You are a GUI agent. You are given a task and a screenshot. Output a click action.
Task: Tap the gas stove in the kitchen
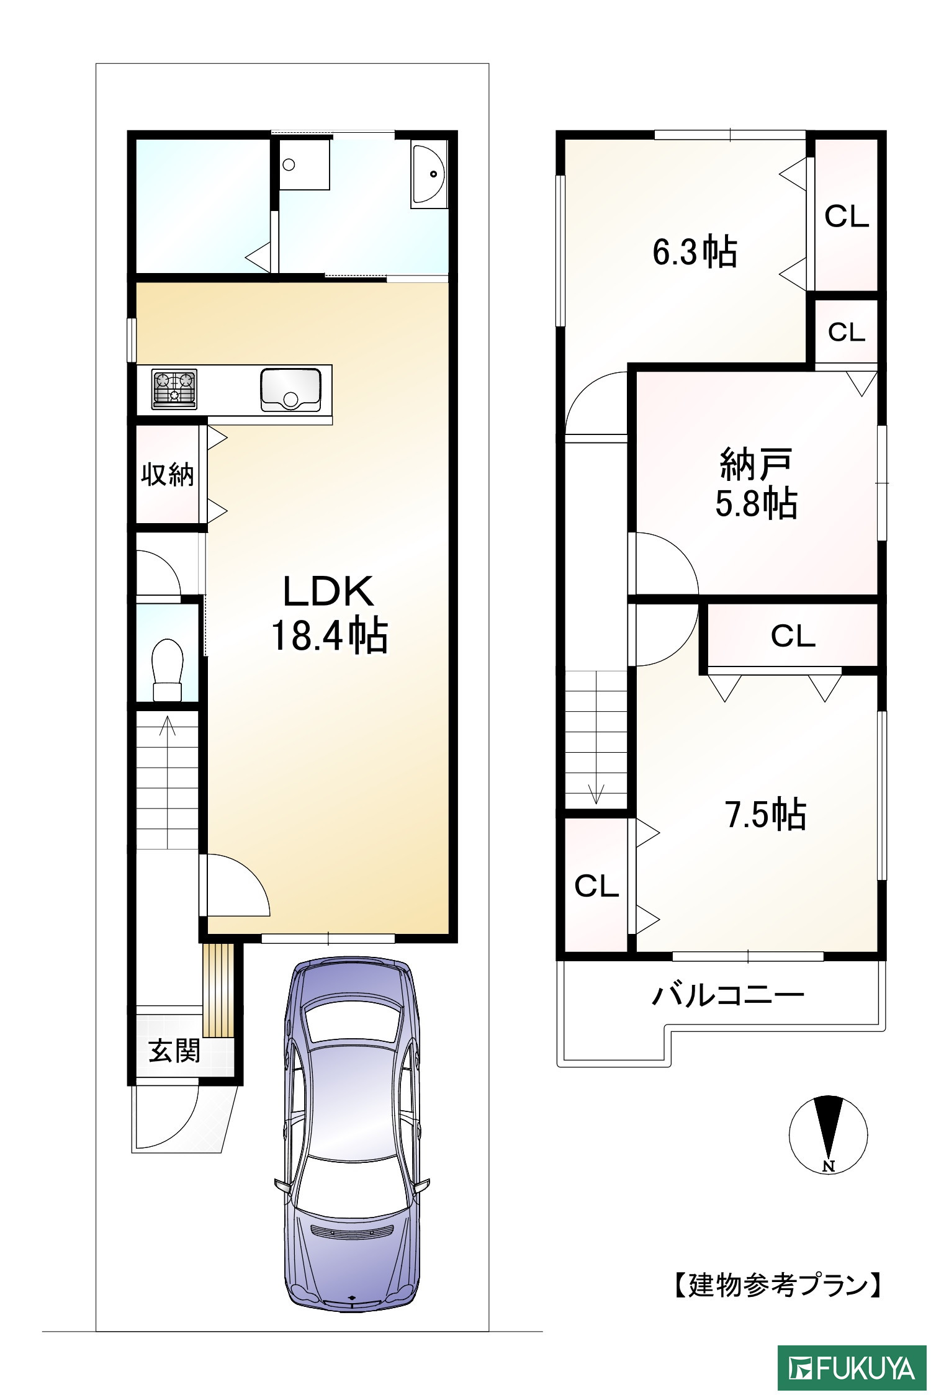click(x=174, y=389)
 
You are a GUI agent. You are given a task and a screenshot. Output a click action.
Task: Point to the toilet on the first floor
click(x=168, y=670)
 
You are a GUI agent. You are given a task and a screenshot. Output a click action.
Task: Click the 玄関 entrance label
click(x=174, y=1051)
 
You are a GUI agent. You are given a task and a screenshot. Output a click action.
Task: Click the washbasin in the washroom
click(x=428, y=174)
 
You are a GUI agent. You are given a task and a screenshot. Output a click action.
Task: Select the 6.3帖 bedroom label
click(x=695, y=253)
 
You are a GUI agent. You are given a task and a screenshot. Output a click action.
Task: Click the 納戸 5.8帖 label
click(x=757, y=483)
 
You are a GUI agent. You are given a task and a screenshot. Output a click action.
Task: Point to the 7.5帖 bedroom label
click(x=766, y=815)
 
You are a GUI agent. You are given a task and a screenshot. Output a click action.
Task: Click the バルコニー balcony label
click(x=727, y=995)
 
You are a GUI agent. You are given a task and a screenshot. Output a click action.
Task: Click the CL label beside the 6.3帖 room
click(x=847, y=217)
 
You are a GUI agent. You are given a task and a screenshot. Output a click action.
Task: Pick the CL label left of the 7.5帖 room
click(x=596, y=886)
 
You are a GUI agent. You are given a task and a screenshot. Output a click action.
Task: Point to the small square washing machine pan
click(x=304, y=164)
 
